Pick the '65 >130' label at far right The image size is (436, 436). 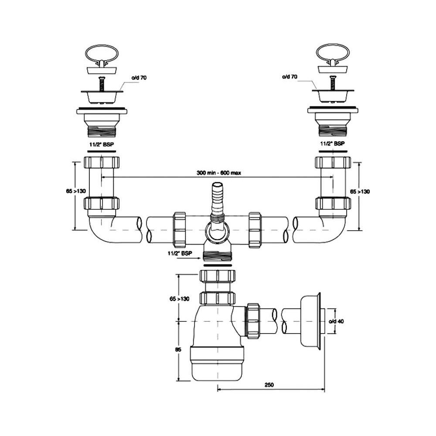click(361, 192)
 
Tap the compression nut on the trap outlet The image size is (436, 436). click(253, 320)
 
